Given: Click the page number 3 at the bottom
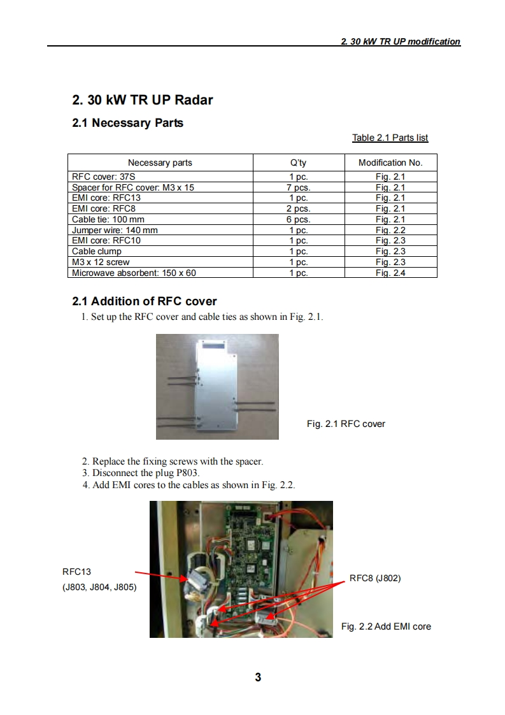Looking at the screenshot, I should tap(258, 677).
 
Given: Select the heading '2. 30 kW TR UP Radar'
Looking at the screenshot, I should tap(143, 100).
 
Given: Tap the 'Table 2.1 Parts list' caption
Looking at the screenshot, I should tap(390, 138).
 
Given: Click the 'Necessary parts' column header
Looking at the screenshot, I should tap(160, 162).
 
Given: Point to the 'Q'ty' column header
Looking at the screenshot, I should tap(298, 162).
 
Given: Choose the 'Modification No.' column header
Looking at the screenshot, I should tap(390, 162).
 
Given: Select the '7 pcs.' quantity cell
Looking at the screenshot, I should tap(298, 187).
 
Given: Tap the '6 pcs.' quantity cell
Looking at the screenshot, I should tap(298, 219).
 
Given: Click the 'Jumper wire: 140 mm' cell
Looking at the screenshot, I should tap(115, 230).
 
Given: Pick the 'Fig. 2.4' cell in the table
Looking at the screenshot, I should tap(390, 273).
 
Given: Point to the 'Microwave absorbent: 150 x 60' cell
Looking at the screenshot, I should tap(134, 273).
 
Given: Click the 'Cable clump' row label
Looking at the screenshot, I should tap(97, 251).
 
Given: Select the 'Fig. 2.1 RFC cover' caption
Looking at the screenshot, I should tap(346, 424).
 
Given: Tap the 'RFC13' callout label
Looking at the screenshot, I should tap(76, 572).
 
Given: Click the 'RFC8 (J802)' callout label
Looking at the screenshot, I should tap(375, 579).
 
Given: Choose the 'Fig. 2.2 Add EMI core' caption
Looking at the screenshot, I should tap(386, 626).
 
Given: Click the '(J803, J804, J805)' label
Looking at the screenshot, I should tap(99, 588).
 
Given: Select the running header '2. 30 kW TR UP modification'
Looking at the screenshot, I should tap(401, 41).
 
